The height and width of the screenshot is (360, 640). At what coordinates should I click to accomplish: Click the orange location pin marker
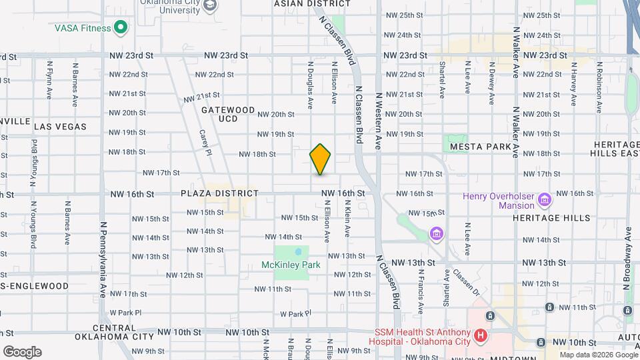point(321,158)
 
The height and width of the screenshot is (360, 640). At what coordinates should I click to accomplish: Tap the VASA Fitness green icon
point(121,27)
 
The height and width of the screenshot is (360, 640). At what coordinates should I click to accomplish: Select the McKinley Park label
point(291,265)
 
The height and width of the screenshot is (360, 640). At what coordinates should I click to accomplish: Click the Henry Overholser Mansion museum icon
point(544,199)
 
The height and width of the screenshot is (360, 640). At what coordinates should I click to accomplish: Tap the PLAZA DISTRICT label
point(219,193)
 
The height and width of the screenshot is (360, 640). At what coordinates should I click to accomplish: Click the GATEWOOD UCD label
point(227,114)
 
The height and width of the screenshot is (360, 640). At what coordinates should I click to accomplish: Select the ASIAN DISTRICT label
point(303,3)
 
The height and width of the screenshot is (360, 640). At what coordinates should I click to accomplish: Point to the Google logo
point(21,352)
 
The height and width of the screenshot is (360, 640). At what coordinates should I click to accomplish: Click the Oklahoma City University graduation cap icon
point(211,6)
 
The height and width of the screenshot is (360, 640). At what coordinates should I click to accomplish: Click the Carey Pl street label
point(205,142)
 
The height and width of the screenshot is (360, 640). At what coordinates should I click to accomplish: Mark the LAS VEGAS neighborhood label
point(60,126)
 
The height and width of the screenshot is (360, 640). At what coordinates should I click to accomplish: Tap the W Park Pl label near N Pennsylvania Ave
point(126,312)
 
